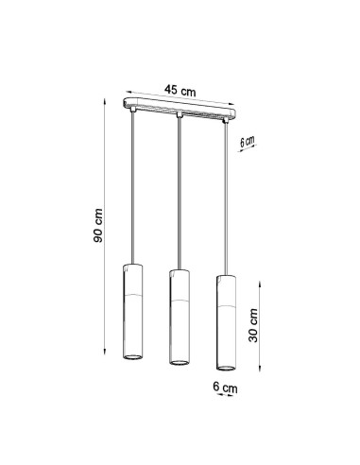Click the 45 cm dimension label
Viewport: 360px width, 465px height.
pos(180,91)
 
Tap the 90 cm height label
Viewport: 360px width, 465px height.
pos(98,225)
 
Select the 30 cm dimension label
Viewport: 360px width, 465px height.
pos(253,325)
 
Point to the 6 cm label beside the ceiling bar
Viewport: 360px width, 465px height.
pos(247,142)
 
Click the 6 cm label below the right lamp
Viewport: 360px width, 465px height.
pos(225,387)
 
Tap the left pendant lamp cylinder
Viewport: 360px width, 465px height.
pos(132,312)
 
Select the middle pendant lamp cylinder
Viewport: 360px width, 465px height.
pos(180,318)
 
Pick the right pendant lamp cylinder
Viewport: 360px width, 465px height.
pos(226,322)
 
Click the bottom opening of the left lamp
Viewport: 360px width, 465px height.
pos(132,357)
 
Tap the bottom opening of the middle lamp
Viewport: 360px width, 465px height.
pos(180,362)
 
